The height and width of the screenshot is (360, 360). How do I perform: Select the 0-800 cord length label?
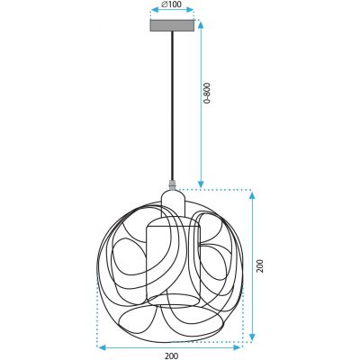tap(208, 94)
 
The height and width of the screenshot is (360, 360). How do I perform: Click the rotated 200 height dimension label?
tap(262, 267)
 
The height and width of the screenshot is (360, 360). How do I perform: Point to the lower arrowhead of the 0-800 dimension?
tap(200, 184)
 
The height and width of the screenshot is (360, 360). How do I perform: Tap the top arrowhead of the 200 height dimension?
tap(251, 193)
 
